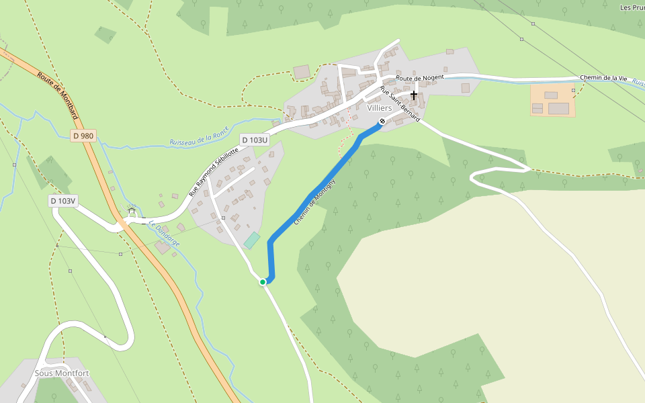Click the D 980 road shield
pyautogui.click(x=83, y=136)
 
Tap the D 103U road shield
pyautogui.click(x=255, y=140)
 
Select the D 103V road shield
pyautogui.click(x=63, y=201)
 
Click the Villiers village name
pyautogui.click(x=380, y=108)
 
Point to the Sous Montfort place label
pyautogui.click(x=61, y=373)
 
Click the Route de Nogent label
pyautogui.click(x=420, y=78)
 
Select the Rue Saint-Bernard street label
pyautogui.click(x=399, y=104)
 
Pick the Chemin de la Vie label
pyautogui.click(x=603, y=79)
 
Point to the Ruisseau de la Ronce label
pyautogui.click(x=200, y=135)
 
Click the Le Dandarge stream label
pyautogui.click(x=164, y=234)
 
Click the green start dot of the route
pyautogui.click(x=263, y=282)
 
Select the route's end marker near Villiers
pyautogui.click(x=382, y=122)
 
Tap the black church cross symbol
pyautogui.click(x=414, y=95)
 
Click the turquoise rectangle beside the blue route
pyautogui.click(x=251, y=240)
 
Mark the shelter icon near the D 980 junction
pyautogui.click(x=132, y=211)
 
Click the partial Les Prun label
pyautogui.click(x=632, y=8)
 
